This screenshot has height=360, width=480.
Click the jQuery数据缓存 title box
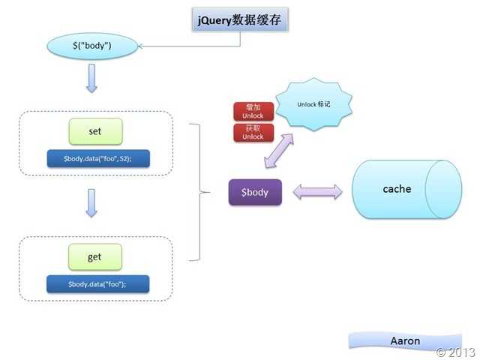pos(240,20)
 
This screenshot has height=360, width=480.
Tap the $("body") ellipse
pos(92,46)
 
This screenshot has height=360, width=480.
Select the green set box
pos(95,131)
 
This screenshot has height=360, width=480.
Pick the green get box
pos(95,256)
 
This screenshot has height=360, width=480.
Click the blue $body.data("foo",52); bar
pos(98,158)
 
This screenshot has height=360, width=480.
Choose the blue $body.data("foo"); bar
pos(98,284)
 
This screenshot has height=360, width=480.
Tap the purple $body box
pos(255,192)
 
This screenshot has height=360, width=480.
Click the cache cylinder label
pos(397,189)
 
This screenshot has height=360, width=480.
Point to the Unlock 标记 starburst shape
pos(313,104)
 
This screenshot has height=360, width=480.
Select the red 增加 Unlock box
pos(253,112)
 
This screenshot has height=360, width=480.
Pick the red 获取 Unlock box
pos(253,133)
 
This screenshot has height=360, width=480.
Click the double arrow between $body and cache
pos(318,192)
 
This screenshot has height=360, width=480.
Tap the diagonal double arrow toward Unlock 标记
pos(279,151)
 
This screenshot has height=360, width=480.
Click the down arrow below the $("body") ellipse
pos(91,78)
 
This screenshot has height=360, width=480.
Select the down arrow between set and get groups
pos(91,203)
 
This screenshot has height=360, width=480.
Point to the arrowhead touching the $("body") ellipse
pos(139,46)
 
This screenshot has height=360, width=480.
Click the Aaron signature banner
pos(405,340)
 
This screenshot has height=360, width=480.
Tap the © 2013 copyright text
pos(455,352)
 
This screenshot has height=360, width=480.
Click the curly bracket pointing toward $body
pos(199,192)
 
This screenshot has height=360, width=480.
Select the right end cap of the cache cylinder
pos(443,189)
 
